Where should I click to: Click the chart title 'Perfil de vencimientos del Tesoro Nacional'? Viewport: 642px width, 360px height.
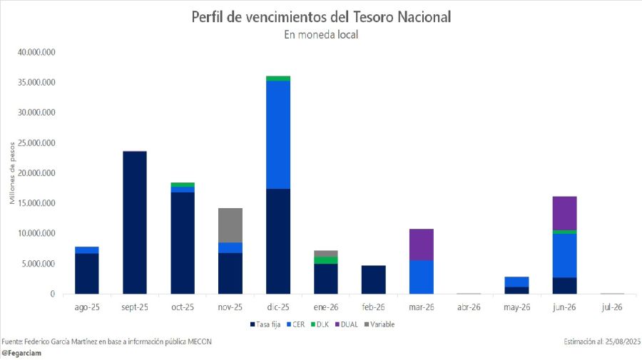pyautogui.click(x=321, y=16)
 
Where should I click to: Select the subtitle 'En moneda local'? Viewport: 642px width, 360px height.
pyautogui.click(x=321, y=34)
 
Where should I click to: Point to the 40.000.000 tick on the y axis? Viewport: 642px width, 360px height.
pyautogui.click(x=36, y=53)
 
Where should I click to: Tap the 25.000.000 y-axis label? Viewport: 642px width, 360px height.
pyautogui.click(x=36, y=143)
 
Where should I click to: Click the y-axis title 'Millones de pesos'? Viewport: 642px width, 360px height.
pyautogui.click(x=12, y=173)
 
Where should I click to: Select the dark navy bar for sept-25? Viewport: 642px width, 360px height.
pyautogui.click(x=134, y=222)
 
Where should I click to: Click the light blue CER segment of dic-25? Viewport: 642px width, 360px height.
pyautogui.click(x=277, y=135)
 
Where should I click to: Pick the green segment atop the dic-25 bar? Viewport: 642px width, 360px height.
pyautogui.click(x=277, y=78)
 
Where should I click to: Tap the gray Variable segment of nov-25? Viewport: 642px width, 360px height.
pyautogui.click(x=230, y=225)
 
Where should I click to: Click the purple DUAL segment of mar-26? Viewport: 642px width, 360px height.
pyautogui.click(x=421, y=245)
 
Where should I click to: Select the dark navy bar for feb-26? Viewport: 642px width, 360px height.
pyautogui.click(x=373, y=279)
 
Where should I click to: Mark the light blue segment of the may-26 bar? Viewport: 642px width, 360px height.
pyautogui.click(x=516, y=282)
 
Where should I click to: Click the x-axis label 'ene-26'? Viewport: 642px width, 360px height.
pyautogui.click(x=325, y=307)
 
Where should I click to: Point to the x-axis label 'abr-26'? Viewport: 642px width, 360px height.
pyautogui.click(x=469, y=307)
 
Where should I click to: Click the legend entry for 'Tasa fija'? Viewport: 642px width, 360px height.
pyautogui.click(x=265, y=324)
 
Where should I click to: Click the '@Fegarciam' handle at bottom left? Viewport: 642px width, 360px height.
pyautogui.click(x=21, y=352)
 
